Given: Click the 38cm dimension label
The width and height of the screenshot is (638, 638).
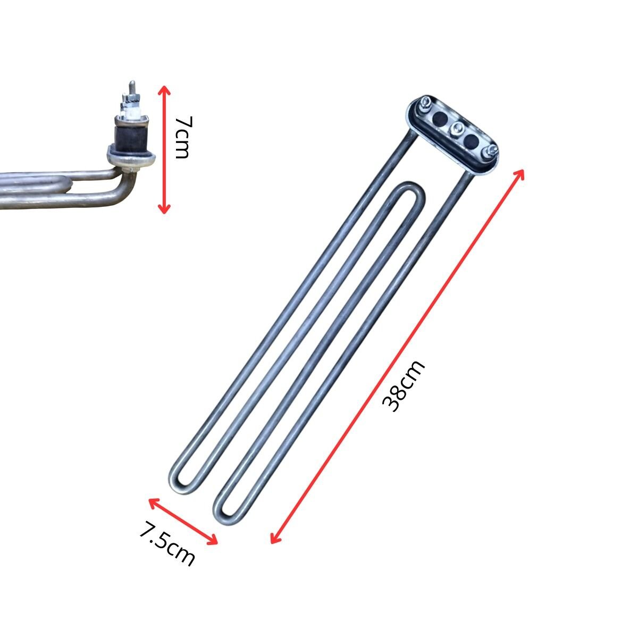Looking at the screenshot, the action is click(403, 385).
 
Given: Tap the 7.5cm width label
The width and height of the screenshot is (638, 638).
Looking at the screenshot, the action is click(166, 542).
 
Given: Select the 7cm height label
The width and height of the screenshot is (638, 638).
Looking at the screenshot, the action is click(183, 137).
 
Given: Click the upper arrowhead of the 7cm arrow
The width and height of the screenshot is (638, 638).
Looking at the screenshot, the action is click(164, 90).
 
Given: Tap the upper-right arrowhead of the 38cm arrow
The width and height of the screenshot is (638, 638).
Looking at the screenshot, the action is click(519, 174).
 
